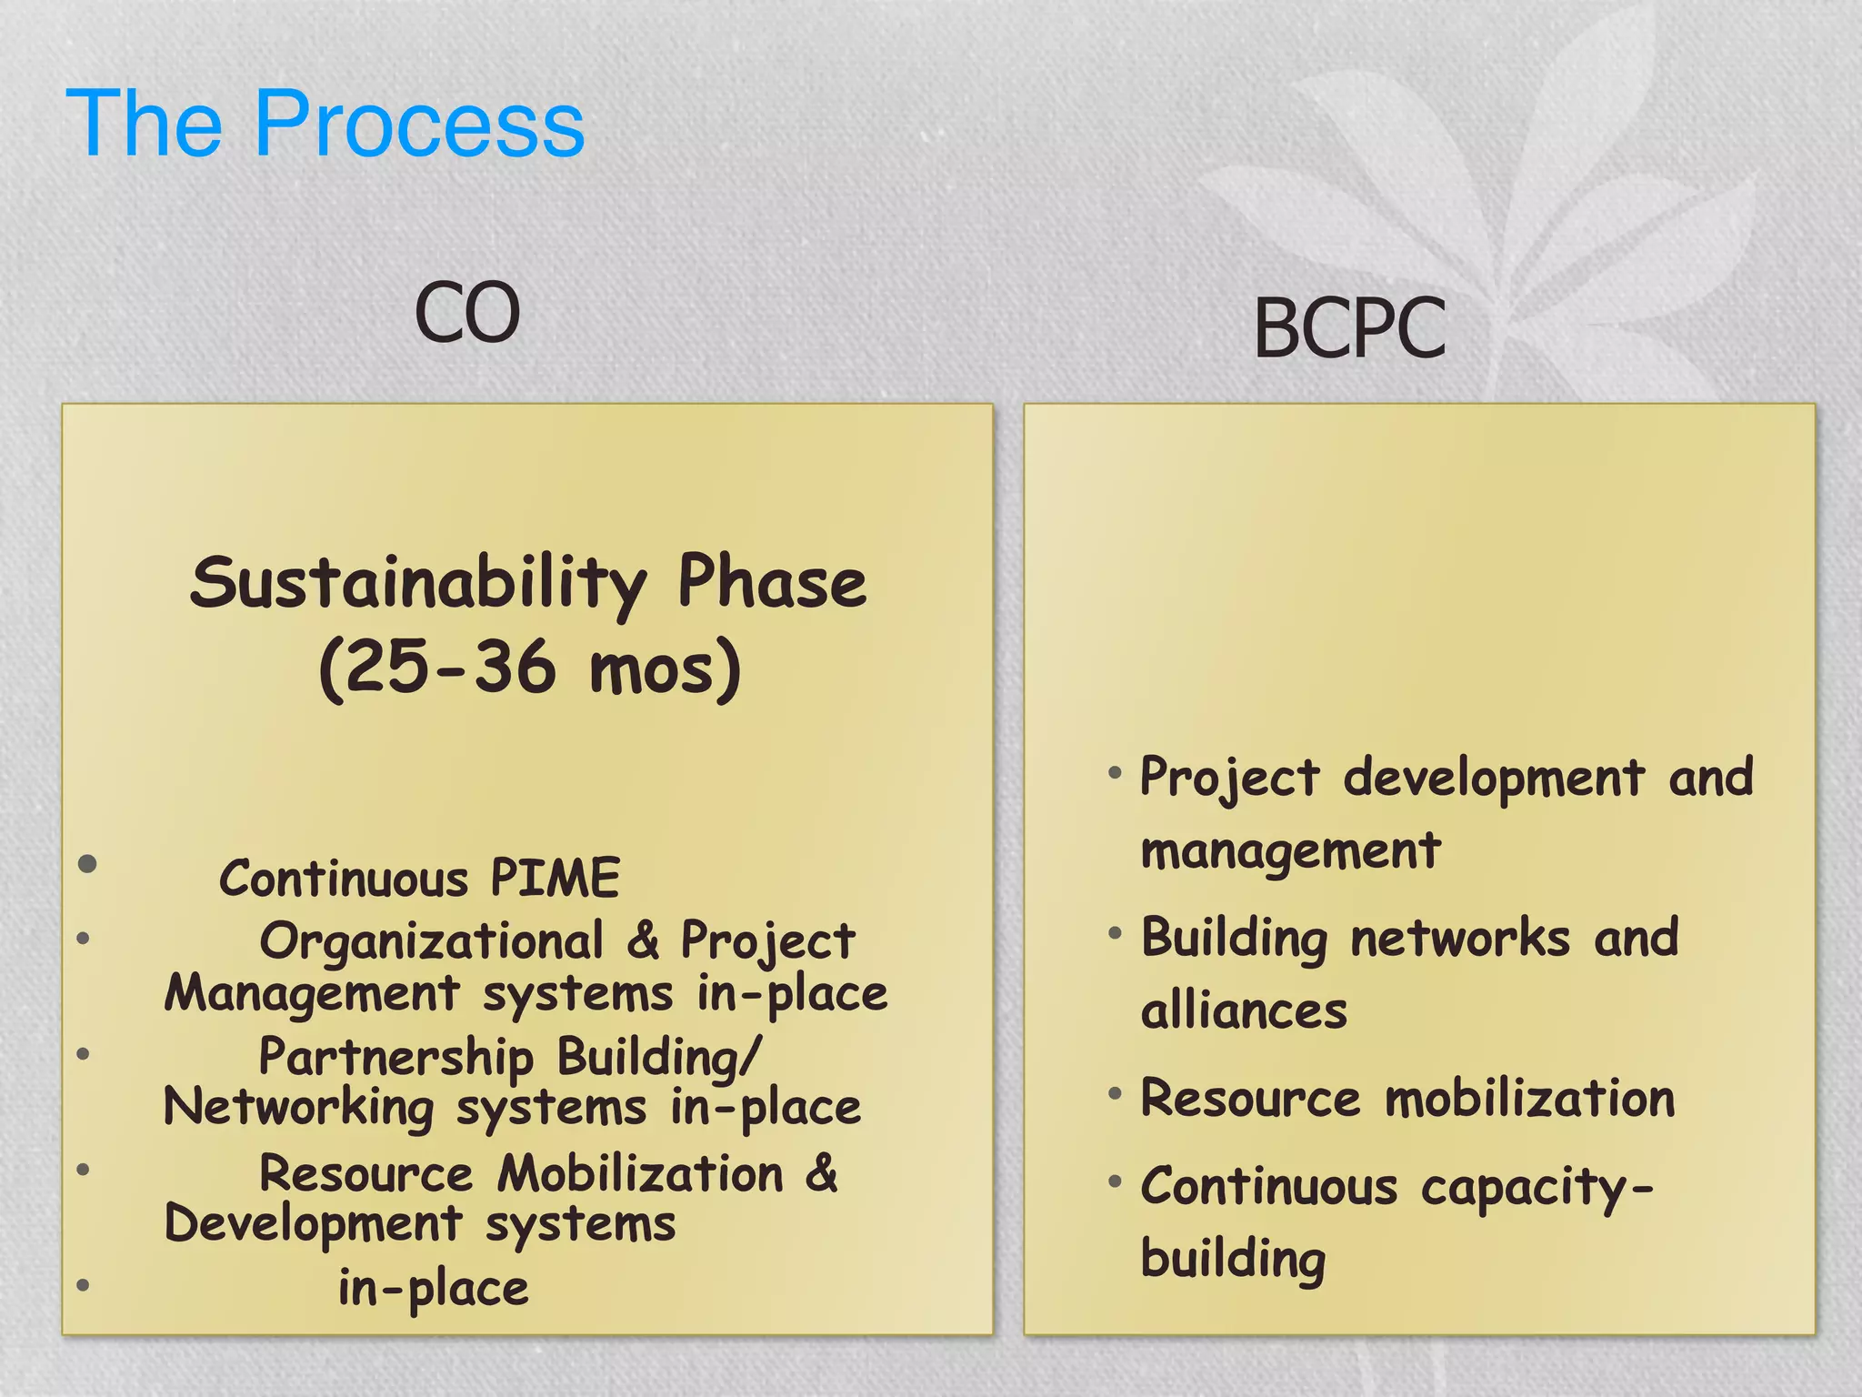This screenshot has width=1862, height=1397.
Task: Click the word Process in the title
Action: (419, 125)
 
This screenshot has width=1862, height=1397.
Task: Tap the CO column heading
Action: (467, 313)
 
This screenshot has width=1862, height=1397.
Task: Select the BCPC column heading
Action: (1349, 328)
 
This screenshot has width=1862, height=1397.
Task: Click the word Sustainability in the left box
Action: (418, 584)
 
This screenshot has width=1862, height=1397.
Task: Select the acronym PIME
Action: (555, 879)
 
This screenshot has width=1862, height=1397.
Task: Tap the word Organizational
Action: (432, 941)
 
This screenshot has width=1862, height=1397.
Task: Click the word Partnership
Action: (395, 1058)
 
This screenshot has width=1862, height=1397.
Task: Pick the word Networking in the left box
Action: (299, 1109)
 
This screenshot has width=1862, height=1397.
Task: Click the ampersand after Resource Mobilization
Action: (821, 1172)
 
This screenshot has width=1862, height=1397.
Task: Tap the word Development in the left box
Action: (313, 1223)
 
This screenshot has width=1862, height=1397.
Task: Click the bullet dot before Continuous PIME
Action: (87, 863)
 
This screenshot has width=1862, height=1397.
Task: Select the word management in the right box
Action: (1290, 852)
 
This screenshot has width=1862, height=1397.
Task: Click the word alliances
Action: (1244, 1011)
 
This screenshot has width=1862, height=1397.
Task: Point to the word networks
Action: (1460, 939)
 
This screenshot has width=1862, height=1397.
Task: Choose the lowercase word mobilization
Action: (1529, 1099)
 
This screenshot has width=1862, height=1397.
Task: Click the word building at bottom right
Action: (1233, 1259)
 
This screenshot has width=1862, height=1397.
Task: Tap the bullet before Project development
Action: (1115, 774)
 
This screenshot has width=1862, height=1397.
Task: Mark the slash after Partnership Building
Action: (749, 1058)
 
